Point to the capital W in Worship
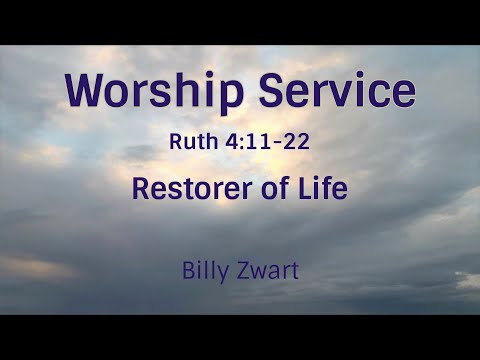(85, 91)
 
